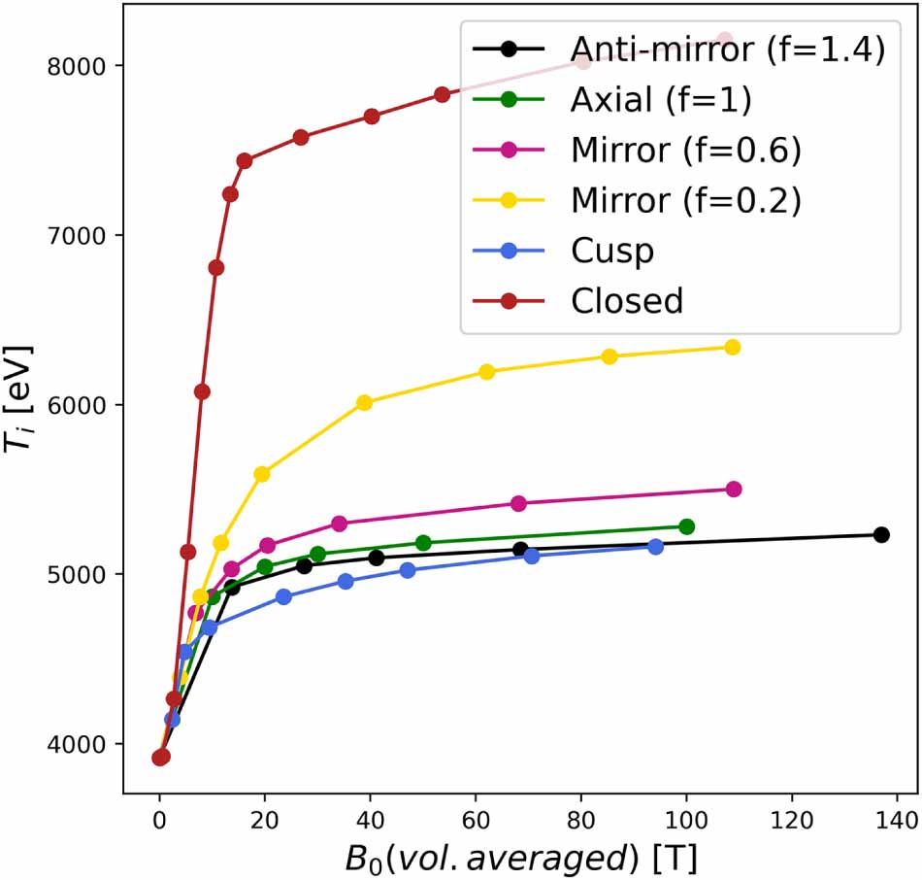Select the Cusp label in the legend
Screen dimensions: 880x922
[611, 250]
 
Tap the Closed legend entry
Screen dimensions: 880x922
[627, 300]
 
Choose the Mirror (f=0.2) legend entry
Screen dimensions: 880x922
[685, 200]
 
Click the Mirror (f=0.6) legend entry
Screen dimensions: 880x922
[685, 150]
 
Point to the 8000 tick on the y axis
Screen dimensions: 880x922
[86, 66]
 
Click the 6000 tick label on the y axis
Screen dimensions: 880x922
[86, 405]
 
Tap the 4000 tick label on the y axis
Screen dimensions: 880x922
[86, 744]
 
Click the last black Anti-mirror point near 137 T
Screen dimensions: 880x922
[881, 535]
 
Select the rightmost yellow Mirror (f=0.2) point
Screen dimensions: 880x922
[732, 348]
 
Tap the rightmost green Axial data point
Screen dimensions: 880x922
[686, 526]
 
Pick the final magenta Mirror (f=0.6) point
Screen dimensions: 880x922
[733, 490]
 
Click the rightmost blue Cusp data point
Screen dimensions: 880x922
[655, 547]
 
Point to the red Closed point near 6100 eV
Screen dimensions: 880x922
[202, 391]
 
